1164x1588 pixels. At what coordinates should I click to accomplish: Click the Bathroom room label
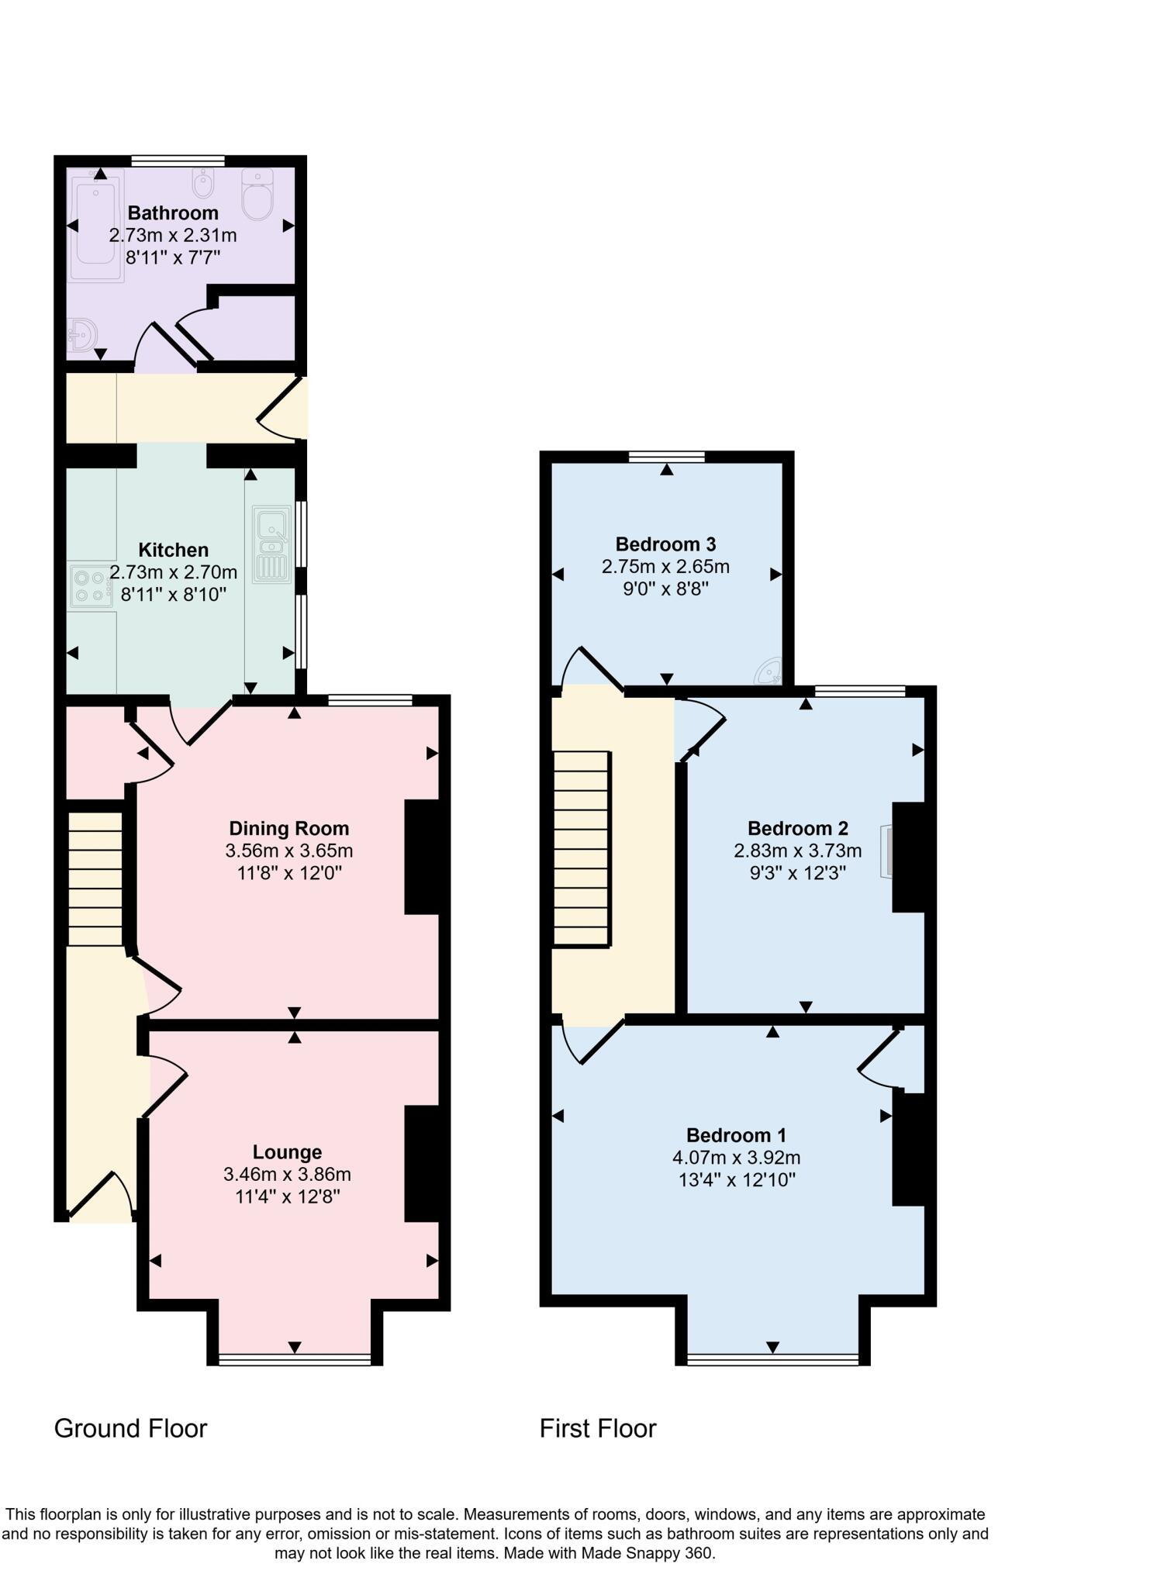[x=173, y=212]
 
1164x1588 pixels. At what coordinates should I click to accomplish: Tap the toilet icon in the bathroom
[x=257, y=195]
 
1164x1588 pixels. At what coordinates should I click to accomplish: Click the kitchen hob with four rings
[x=89, y=587]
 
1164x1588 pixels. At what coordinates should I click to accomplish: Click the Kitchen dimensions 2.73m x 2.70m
[x=173, y=573]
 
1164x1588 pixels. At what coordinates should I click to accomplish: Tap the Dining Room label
[x=288, y=828]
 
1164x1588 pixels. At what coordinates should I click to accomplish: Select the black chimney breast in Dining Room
[x=423, y=857]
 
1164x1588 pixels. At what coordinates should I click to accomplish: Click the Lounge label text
[x=287, y=1152]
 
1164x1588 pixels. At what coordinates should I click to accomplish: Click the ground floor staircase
[x=95, y=879]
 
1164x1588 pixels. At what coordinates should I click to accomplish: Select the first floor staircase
[x=580, y=849]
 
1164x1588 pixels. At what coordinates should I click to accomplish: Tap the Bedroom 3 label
[x=665, y=544]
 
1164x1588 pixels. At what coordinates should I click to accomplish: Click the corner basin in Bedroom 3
[x=769, y=672]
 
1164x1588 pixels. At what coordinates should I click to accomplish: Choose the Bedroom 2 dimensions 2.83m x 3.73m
[x=797, y=851]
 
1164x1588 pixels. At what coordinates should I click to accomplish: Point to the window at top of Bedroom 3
[x=667, y=456]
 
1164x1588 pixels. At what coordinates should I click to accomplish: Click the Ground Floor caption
[x=130, y=1428]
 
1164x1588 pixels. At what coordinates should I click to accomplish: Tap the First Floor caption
[x=598, y=1428]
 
